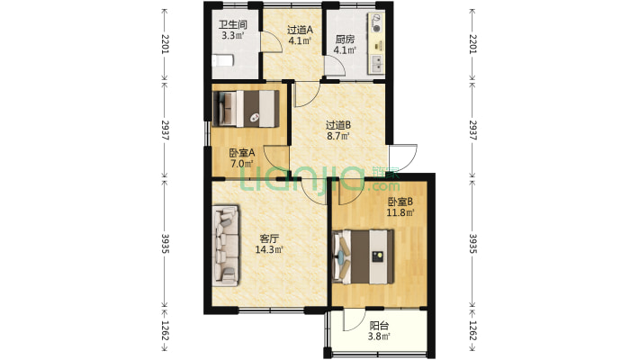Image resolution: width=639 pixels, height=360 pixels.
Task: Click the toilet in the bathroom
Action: click(x=222, y=60)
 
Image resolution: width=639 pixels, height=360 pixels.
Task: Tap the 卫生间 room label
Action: click(x=233, y=24)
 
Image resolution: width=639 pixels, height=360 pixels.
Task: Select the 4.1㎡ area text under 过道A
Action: click(x=300, y=40)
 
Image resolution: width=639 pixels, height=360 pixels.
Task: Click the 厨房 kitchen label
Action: click(x=345, y=40)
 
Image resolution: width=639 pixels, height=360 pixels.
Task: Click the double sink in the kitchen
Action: click(x=377, y=63)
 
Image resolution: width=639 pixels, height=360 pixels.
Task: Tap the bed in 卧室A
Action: click(x=246, y=108)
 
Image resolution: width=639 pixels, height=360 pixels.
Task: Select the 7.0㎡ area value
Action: click(x=242, y=164)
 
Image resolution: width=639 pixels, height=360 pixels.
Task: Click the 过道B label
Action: click(x=337, y=125)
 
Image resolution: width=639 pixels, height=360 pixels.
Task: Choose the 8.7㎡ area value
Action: click(x=337, y=136)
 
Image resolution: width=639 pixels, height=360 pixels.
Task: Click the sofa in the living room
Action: click(x=225, y=246)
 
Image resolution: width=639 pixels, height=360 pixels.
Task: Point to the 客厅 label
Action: click(x=269, y=238)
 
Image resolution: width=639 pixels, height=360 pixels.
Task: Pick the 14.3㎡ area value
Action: click(x=269, y=249)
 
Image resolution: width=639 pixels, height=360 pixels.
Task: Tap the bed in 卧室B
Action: click(x=364, y=256)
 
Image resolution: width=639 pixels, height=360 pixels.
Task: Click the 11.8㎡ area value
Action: click(x=400, y=212)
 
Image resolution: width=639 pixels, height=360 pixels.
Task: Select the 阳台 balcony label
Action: click(x=379, y=326)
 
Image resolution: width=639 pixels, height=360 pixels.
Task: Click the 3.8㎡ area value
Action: click(x=379, y=337)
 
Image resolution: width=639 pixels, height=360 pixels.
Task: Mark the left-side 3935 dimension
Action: click(x=165, y=243)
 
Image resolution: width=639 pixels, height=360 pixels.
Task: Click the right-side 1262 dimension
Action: click(x=472, y=331)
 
